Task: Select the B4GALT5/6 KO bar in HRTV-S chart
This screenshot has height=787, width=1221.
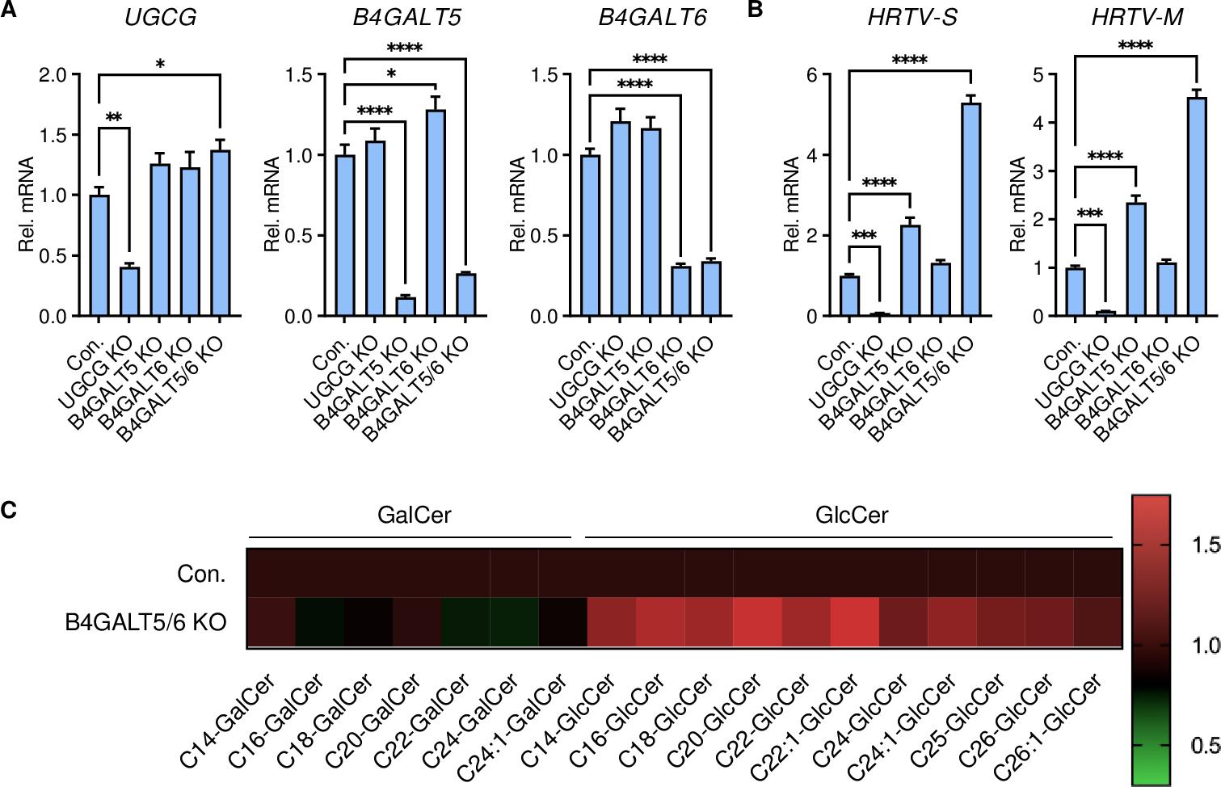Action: [x=970, y=210]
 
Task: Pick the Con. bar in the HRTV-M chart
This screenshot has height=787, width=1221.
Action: [x=1075, y=292]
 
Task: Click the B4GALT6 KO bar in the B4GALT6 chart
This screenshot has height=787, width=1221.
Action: [x=681, y=291]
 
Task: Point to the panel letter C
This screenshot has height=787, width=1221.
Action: [x=9, y=511]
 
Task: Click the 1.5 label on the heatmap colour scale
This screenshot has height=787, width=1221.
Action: [x=1205, y=546]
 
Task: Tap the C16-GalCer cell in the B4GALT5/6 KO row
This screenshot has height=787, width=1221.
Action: [x=320, y=621]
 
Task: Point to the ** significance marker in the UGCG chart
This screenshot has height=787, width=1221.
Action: [x=114, y=118]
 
